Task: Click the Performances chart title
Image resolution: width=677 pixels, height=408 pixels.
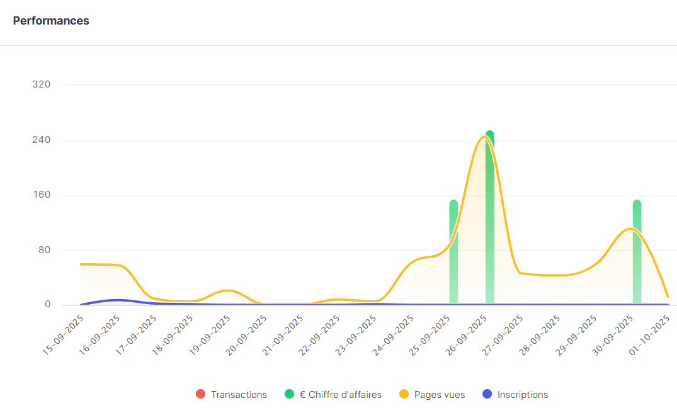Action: coord(51,21)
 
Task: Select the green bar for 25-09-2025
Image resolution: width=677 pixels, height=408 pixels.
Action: coord(453,252)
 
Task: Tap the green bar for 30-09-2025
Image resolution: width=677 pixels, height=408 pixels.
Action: coord(637,252)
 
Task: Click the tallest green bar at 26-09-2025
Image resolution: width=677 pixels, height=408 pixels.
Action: coord(490,220)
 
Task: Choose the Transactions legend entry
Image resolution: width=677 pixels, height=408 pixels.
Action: coord(239,395)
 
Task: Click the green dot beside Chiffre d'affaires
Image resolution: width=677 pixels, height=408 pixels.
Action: coord(289,394)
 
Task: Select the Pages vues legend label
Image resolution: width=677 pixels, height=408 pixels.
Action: coord(439,395)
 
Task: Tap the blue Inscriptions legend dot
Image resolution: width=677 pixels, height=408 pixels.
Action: coord(486,394)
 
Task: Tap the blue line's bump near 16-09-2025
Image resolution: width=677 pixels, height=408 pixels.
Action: coord(117,300)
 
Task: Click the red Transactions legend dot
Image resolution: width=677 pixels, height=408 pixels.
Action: coord(200,394)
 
